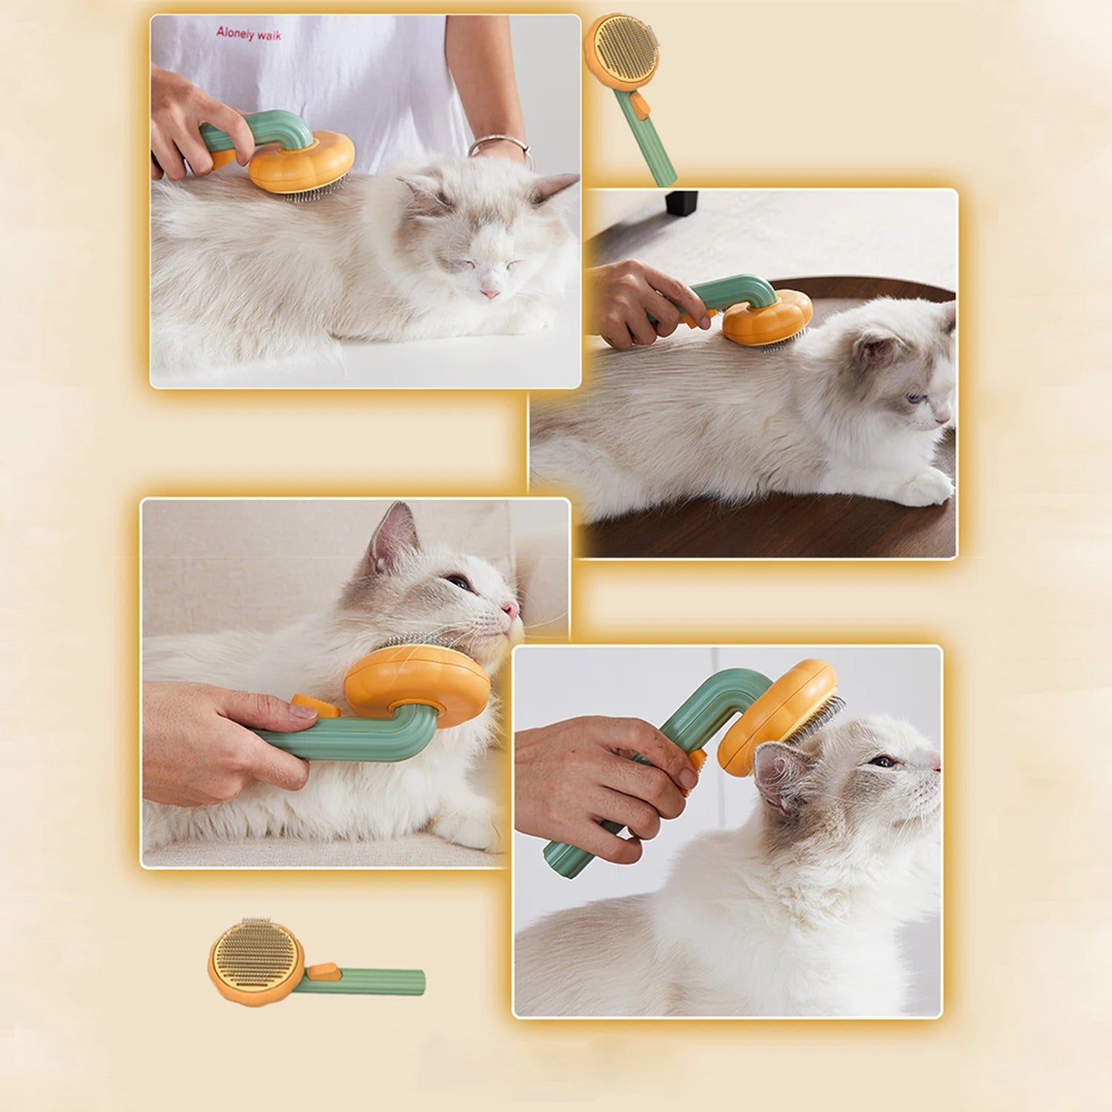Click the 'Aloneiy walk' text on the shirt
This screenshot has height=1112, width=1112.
point(249,33)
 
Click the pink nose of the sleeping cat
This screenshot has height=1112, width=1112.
point(489,293)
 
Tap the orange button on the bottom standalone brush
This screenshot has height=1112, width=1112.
point(322,970)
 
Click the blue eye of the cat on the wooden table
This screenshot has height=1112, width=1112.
point(916,399)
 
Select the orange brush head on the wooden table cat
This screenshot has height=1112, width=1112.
point(767,317)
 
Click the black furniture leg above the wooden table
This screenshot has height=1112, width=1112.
point(681,202)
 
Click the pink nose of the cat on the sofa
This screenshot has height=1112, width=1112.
point(510,609)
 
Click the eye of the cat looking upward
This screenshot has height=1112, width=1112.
point(882,761)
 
